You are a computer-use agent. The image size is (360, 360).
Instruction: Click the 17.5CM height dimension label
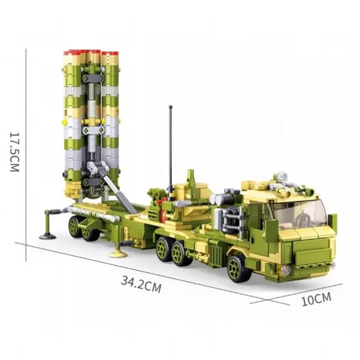point(15,152)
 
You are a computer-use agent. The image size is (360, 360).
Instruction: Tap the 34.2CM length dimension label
point(141,284)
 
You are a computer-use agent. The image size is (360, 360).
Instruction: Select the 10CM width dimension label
point(316,299)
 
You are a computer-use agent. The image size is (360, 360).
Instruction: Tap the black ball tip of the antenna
point(171,107)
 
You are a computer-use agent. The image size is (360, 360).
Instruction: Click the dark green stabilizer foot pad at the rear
point(47,236)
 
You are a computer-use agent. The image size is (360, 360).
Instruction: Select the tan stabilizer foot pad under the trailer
point(118,254)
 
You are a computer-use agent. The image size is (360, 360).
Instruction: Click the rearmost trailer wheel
point(75,226)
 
